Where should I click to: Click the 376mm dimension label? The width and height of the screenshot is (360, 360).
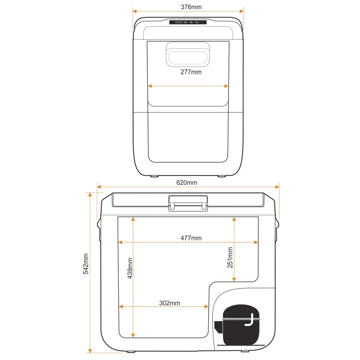191,7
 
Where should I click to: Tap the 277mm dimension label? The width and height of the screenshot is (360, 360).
191,72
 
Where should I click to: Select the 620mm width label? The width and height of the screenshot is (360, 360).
187,183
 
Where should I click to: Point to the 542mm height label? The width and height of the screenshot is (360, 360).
86,264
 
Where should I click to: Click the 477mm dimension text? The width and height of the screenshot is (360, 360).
191,238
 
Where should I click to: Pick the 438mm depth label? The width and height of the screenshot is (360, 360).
130,268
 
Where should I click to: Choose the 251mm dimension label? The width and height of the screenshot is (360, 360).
230,258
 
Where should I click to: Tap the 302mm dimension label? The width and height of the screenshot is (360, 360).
169,303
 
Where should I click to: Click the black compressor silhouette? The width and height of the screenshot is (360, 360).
238,325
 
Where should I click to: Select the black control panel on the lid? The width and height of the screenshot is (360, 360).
188,22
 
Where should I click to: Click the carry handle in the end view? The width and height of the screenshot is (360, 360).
188,54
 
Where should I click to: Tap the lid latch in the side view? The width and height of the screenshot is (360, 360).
188,203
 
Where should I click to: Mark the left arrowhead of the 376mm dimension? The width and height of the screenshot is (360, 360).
135,11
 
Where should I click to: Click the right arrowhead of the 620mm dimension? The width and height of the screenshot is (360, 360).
277,187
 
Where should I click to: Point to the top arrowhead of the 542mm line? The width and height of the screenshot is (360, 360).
90,195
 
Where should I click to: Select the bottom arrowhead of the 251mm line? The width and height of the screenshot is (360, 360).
234,279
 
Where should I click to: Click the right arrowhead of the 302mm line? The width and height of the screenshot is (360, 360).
206,306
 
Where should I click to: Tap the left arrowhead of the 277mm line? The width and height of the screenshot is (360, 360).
150,86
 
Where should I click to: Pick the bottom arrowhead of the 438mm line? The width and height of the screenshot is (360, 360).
133,335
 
